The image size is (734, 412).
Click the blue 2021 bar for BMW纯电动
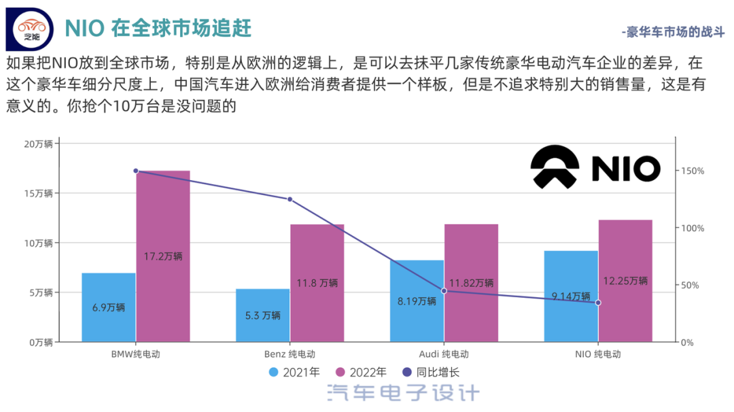click(x=109, y=307)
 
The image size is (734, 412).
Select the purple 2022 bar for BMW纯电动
click(x=163, y=256)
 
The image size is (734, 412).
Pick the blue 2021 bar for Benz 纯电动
click(x=263, y=315)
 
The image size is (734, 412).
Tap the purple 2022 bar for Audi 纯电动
click(x=471, y=283)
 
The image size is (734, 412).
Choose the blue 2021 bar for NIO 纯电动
click(x=571, y=296)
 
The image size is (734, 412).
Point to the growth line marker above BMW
click(x=136, y=171)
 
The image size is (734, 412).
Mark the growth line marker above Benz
click(x=290, y=199)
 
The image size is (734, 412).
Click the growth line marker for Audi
click(x=444, y=291)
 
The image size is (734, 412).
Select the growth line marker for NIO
click(x=598, y=303)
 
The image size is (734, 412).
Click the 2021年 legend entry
click(x=294, y=372)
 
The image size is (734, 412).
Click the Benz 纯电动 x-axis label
click(x=290, y=354)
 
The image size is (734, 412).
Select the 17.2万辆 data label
click(x=163, y=256)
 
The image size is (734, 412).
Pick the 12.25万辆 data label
click(x=625, y=281)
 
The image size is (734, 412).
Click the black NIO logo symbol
click(x=555, y=167)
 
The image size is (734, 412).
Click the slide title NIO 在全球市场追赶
click(x=158, y=28)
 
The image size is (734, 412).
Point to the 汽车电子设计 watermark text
click(x=403, y=393)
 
